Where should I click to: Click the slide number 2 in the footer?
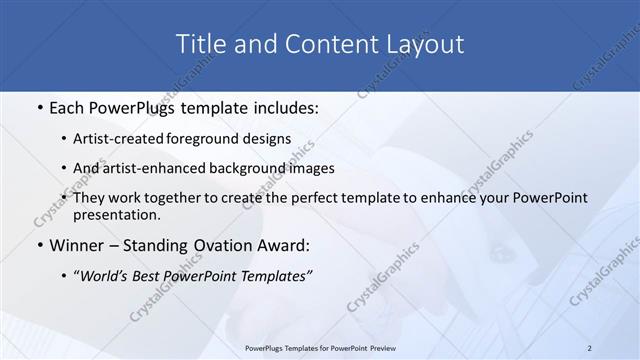coord(589,347)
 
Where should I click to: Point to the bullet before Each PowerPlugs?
coord(38,106)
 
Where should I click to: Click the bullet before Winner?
coord(38,245)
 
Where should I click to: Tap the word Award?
coord(283,245)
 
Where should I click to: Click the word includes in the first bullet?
coord(282,106)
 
